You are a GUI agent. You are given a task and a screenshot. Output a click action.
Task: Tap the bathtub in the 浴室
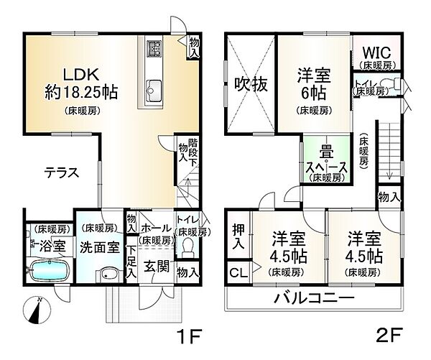(49, 272)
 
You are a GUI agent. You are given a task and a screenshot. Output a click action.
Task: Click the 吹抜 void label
(251, 85)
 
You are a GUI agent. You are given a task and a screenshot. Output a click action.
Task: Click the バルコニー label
(313, 298)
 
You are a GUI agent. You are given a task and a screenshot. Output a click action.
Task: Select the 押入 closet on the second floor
(238, 236)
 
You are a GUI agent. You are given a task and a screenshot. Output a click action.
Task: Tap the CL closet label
(236, 273)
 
